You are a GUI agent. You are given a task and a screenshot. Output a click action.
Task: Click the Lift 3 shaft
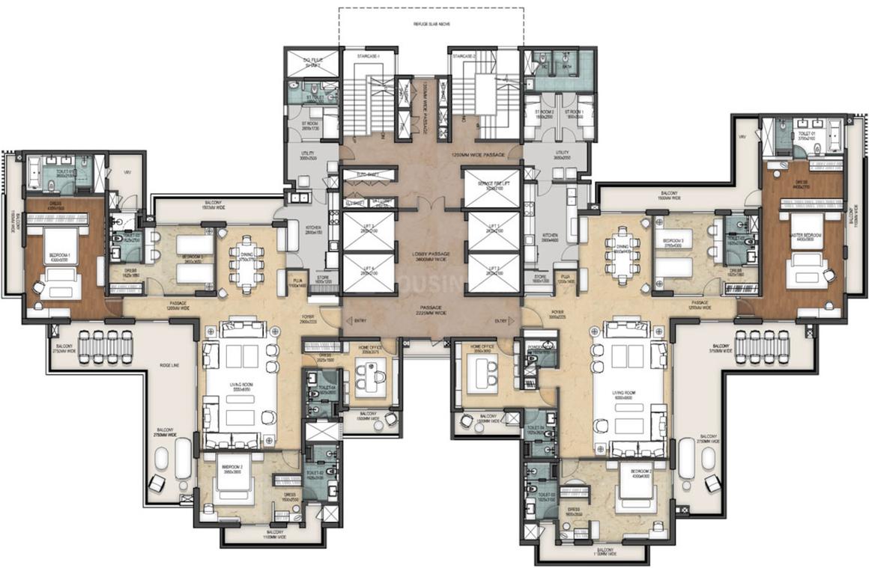tap(368, 230)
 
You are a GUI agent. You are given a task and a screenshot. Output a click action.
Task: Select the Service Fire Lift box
tap(491, 188)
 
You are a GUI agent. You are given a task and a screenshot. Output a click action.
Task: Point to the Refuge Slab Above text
tap(431, 22)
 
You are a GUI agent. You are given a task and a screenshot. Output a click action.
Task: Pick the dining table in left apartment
tap(246, 262)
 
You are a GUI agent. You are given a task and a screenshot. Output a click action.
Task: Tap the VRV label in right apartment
tap(742, 137)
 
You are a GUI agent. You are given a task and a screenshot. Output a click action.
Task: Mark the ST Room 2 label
tap(543, 113)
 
